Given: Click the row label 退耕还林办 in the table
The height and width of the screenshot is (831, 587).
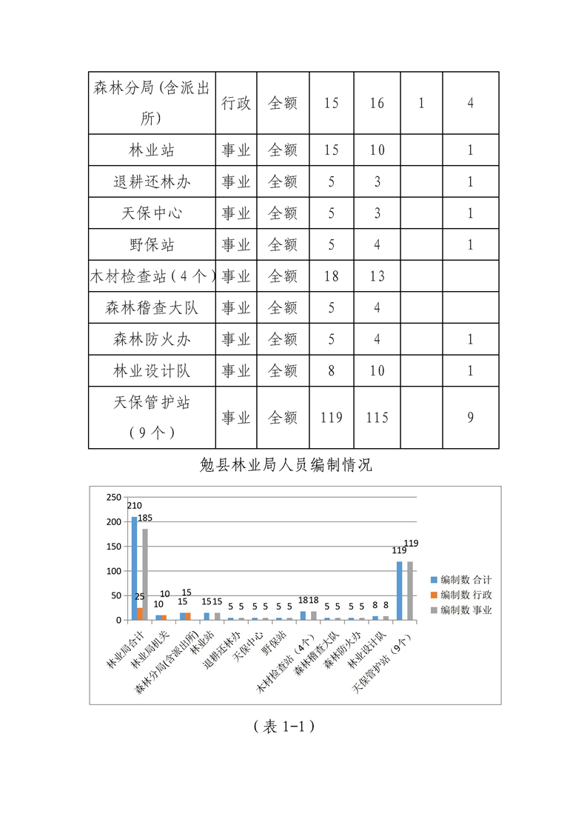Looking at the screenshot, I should point(152,181).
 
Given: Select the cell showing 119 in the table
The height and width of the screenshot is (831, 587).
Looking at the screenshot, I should point(332,418).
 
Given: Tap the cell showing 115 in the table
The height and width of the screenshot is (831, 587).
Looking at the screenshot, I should point(377,418).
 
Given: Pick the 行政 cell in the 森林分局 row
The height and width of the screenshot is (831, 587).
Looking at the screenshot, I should point(236,103).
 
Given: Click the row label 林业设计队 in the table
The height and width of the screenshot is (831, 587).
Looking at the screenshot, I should point(152,371).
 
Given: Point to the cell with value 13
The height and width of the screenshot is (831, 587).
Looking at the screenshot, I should point(377,276).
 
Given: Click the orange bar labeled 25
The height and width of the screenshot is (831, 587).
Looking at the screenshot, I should point(140,613).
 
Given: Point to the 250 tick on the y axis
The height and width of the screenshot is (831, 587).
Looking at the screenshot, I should point(113,498).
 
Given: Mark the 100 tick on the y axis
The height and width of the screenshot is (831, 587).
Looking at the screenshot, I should point(113,571).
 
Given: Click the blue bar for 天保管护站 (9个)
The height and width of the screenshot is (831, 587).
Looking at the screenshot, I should point(399,590).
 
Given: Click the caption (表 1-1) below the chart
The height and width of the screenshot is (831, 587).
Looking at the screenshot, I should point(285,727).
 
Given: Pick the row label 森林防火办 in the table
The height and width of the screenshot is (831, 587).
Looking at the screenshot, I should point(152,339).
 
